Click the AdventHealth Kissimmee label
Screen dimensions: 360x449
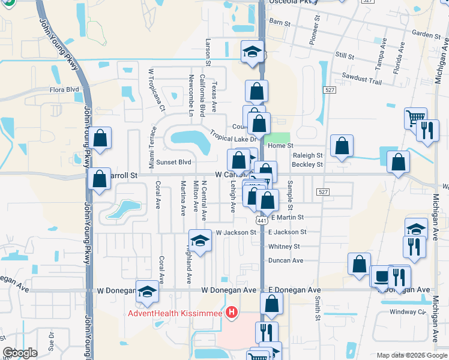coord(174,313)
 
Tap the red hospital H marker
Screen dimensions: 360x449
coord(232,313)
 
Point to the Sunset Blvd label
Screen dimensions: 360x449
coord(173,162)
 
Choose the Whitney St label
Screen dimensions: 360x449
coord(284,246)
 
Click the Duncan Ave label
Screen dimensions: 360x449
coord(286,260)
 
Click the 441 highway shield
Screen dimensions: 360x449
coord(262,221)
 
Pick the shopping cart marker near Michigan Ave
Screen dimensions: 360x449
coord(415,118)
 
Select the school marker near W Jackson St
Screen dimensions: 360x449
coord(200,241)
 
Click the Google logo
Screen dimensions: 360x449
coord(20,353)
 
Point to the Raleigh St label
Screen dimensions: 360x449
coord(307,155)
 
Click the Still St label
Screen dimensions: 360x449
coord(345,55)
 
